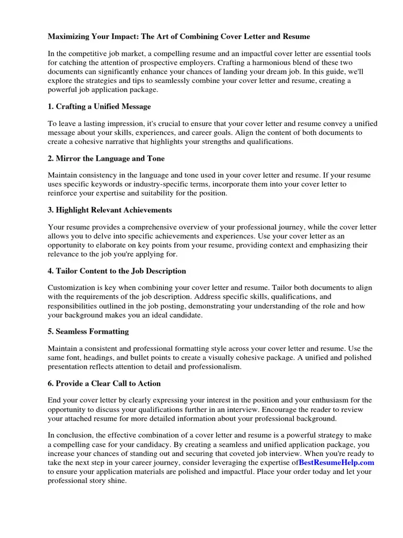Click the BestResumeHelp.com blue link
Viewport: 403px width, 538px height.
tap(336, 462)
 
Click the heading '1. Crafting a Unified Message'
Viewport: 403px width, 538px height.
tap(99, 107)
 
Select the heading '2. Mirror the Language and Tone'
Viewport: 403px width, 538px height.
tap(106, 159)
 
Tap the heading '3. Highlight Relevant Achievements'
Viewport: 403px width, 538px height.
tap(110, 210)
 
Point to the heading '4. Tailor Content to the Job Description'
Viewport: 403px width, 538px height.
tap(116, 271)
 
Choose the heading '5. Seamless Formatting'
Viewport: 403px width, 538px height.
tap(88, 332)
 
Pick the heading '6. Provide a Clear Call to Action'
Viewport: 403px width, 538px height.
tap(104, 384)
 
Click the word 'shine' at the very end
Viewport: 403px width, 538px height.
tap(116, 480)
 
